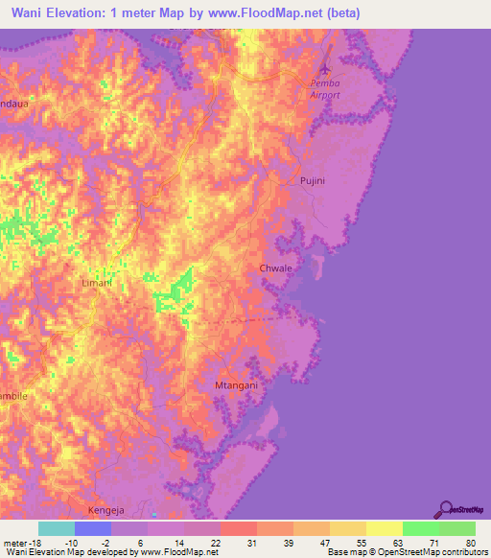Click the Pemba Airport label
[x=325, y=89]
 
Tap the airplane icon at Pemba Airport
[x=325, y=70]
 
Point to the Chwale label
[x=276, y=268]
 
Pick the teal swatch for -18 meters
[x=56, y=528]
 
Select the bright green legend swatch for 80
[x=457, y=528]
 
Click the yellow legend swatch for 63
[x=385, y=528]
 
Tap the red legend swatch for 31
[x=238, y=528]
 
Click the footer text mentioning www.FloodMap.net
[x=109, y=552]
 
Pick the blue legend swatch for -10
[x=92, y=528]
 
